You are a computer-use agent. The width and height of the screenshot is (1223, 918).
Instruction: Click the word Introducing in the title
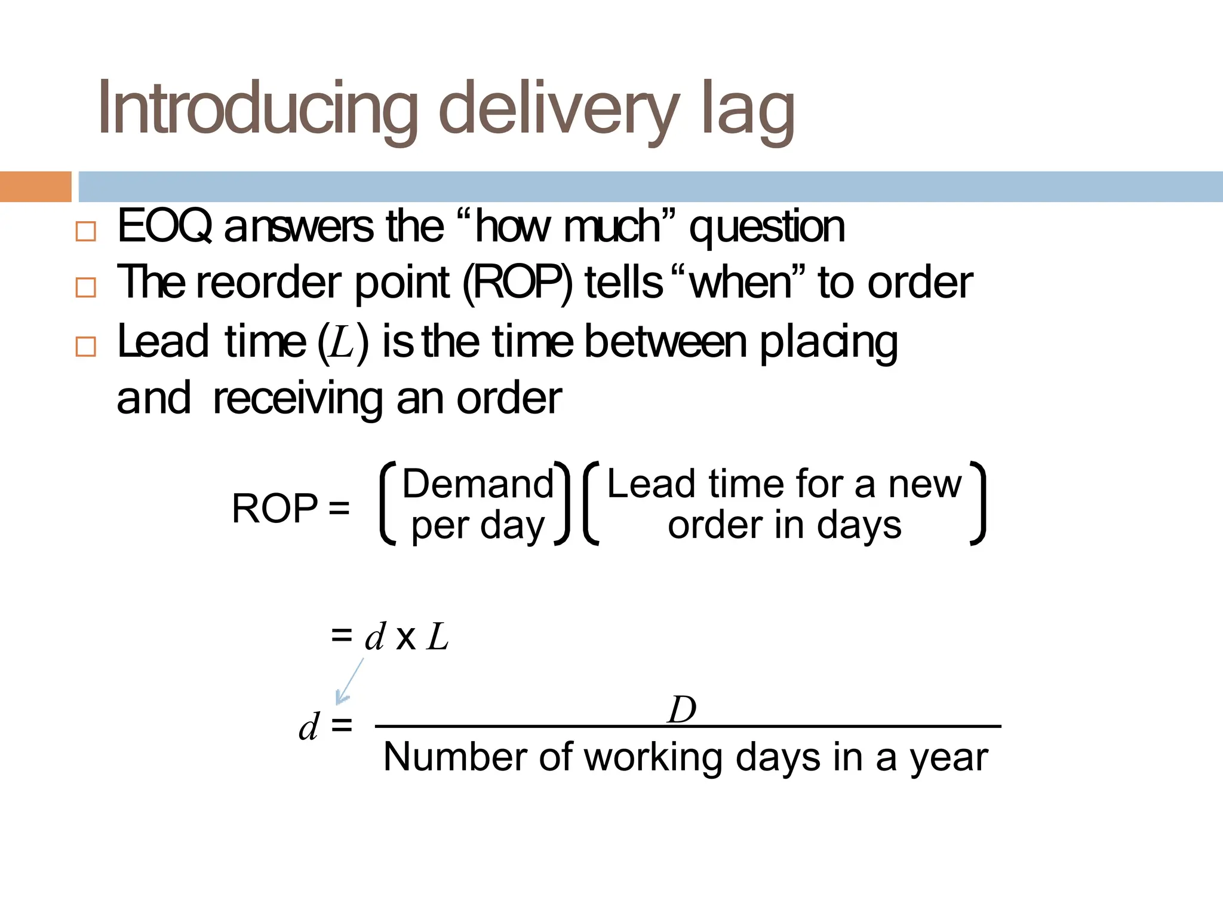click(257, 109)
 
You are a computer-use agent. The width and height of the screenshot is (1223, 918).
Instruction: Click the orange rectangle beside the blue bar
click(35, 186)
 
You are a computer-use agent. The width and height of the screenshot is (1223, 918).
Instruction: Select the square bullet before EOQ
click(86, 231)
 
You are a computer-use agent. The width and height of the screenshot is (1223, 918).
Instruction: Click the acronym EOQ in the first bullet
click(164, 227)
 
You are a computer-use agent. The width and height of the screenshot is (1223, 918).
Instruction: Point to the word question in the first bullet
click(767, 228)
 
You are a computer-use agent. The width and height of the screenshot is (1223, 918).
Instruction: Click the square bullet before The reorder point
click(86, 287)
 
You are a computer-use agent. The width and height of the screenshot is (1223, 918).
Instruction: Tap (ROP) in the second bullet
click(517, 283)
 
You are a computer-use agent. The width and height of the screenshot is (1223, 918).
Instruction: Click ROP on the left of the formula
click(275, 509)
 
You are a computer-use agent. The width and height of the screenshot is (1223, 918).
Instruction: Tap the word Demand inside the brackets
click(478, 484)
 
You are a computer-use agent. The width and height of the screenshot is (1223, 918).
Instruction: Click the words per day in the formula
click(478, 527)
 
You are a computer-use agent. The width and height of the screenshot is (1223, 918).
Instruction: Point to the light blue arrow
click(349, 681)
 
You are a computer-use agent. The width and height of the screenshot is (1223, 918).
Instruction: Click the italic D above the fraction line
click(682, 709)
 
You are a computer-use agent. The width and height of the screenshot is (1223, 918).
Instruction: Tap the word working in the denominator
click(654, 758)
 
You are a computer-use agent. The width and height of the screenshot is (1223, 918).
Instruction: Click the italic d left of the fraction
click(309, 727)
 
